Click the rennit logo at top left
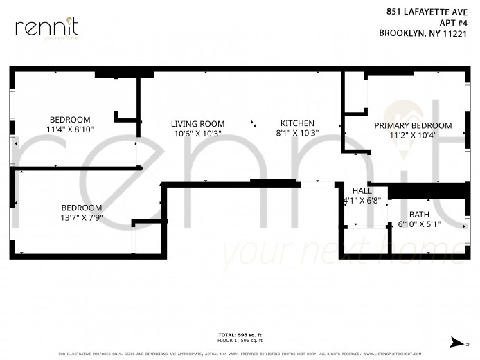click(x=46, y=28)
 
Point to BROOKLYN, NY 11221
click(x=426, y=33)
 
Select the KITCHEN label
click(x=296, y=123)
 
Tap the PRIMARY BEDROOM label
click(x=413, y=125)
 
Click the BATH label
click(x=418, y=215)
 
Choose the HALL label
click(x=362, y=191)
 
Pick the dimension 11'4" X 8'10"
click(x=69, y=129)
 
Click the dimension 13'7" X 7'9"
click(x=81, y=218)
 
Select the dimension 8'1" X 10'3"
click(x=296, y=134)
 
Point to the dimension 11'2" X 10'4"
click(x=413, y=136)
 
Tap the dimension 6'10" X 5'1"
click(x=418, y=225)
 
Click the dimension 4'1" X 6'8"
click(x=362, y=201)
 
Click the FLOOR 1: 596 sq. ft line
click(x=240, y=341)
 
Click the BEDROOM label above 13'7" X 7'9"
click(x=81, y=208)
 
